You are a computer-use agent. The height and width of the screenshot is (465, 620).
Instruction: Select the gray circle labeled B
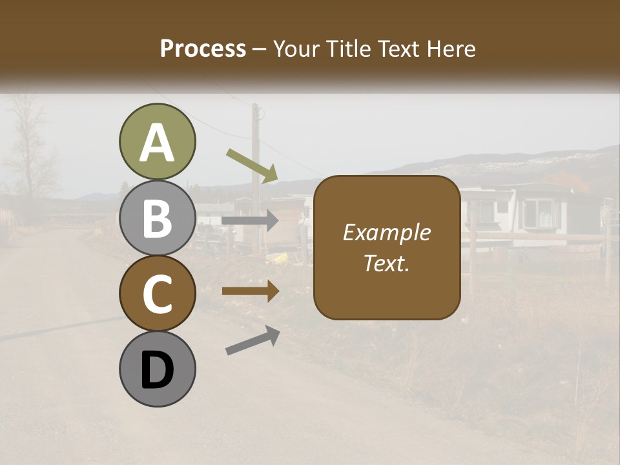pos(157,218)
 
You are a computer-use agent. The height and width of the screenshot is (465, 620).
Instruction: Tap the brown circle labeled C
pos(157,294)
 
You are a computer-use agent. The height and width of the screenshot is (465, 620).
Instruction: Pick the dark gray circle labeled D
pos(157,369)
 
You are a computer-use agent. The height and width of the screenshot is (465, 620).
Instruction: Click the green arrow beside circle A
pos(252,165)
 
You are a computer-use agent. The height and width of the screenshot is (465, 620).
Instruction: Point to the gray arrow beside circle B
pos(250,221)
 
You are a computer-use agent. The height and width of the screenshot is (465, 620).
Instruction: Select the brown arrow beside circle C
pos(250,291)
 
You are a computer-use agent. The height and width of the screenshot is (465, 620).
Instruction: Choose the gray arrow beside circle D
pos(253,340)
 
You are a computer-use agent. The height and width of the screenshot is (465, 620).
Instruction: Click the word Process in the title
pos(203,48)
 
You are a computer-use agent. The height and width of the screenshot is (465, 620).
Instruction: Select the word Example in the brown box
pos(386,232)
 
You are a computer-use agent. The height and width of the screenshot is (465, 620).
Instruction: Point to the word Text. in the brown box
pos(386,263)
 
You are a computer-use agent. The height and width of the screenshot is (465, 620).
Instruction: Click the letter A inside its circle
pos(157,143)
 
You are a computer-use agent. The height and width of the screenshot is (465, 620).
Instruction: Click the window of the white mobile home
pos(538,212)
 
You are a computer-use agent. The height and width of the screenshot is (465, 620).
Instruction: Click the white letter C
pos(157,294)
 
